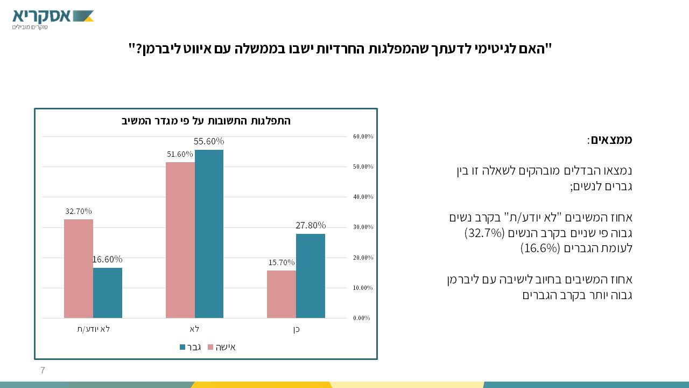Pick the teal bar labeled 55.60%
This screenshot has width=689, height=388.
pyautogui.click(x=209, y=234)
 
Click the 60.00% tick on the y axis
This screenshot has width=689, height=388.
pyautogui.click(x=363, y=136)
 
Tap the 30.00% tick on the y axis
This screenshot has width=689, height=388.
pyautogui.click(x=363, y=227)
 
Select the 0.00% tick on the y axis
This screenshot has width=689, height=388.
pyautogui.click(x=361, y=318)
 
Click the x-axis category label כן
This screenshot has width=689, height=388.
pyautogui.click(x=296, y=329)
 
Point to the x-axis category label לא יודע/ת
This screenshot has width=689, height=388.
pyautogui.click(x=93, y=329)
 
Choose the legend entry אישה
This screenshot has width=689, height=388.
pyautogui.click(x=222, y=347)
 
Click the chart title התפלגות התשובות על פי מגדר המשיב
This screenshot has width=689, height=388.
pyautogui.click(x=206, y=121)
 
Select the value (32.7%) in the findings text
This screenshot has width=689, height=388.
pyautogui.click(x=484, y=233)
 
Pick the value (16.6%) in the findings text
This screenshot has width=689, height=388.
pyautogui.click(x=540, y=248)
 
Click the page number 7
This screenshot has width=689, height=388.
pyautogui.click(x=43, y=370)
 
